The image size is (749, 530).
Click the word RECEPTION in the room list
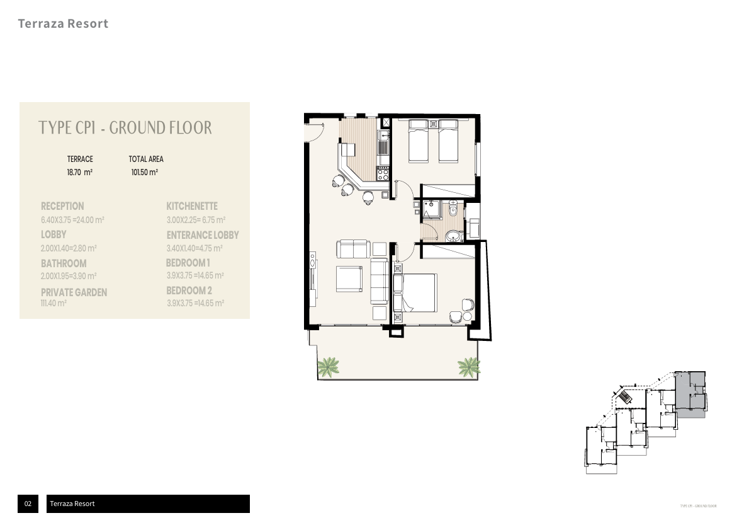pyautogui.click(x=62, y=206)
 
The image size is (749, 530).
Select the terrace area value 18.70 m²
pyautogui.click(x=80, y=172)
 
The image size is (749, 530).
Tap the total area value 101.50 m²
pyautogui.click(x=144, y=172)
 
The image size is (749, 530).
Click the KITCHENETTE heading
pyautogui.click(x=192, y=206)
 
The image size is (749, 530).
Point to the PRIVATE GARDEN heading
pyautogui.click(x=74, y=292)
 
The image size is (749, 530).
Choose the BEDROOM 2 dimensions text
pyautogui.click(x=196, y=303)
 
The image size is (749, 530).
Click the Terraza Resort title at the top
pyautogui.click(x=63, y=24)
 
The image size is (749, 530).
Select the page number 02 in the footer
pyautogui.click(x=28, y=504)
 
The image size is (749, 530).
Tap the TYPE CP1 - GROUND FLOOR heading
pyautogui.click(x=125, y=128)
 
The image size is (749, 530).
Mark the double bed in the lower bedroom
pyautogui.click(x=415, y=292)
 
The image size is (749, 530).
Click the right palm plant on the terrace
pyautogui.click(x=468, y=365)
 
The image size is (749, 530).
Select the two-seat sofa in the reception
pyautogui.click(x=353, y=249)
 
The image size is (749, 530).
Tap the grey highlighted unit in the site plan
pyautogui.click(x=690, y=395)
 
